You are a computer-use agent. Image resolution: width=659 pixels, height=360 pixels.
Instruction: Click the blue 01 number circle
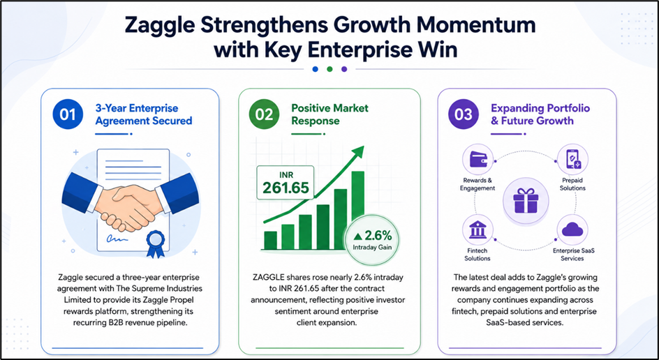click(x=67, y=114)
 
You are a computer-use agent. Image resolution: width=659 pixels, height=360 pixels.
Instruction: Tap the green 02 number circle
click(x=263, y=114)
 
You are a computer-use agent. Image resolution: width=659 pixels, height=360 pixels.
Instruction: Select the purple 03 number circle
click(x=463, y=114)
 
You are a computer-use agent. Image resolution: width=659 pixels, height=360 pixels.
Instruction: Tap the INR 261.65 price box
click(x=286, y=182)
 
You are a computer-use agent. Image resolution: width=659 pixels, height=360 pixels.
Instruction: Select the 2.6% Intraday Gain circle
click(x=372, y=240)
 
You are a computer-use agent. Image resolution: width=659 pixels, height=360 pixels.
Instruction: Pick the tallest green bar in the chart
click(x=357, y=211)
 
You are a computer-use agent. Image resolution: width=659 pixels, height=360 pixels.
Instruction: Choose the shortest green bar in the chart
click(x=270, y=240)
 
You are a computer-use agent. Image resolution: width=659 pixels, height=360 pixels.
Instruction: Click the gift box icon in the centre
click(x=526, y=200)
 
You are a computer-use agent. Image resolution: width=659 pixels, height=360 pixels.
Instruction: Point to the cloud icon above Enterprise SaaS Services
click(x=572, y=230)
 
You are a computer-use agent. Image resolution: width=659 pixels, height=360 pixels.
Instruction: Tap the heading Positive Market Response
click(x=330, y=114)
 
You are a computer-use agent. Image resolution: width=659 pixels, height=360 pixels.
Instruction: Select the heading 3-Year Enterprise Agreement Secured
click(x=144, y=114)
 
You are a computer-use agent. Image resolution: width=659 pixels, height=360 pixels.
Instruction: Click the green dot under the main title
click(x=329, y=69)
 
